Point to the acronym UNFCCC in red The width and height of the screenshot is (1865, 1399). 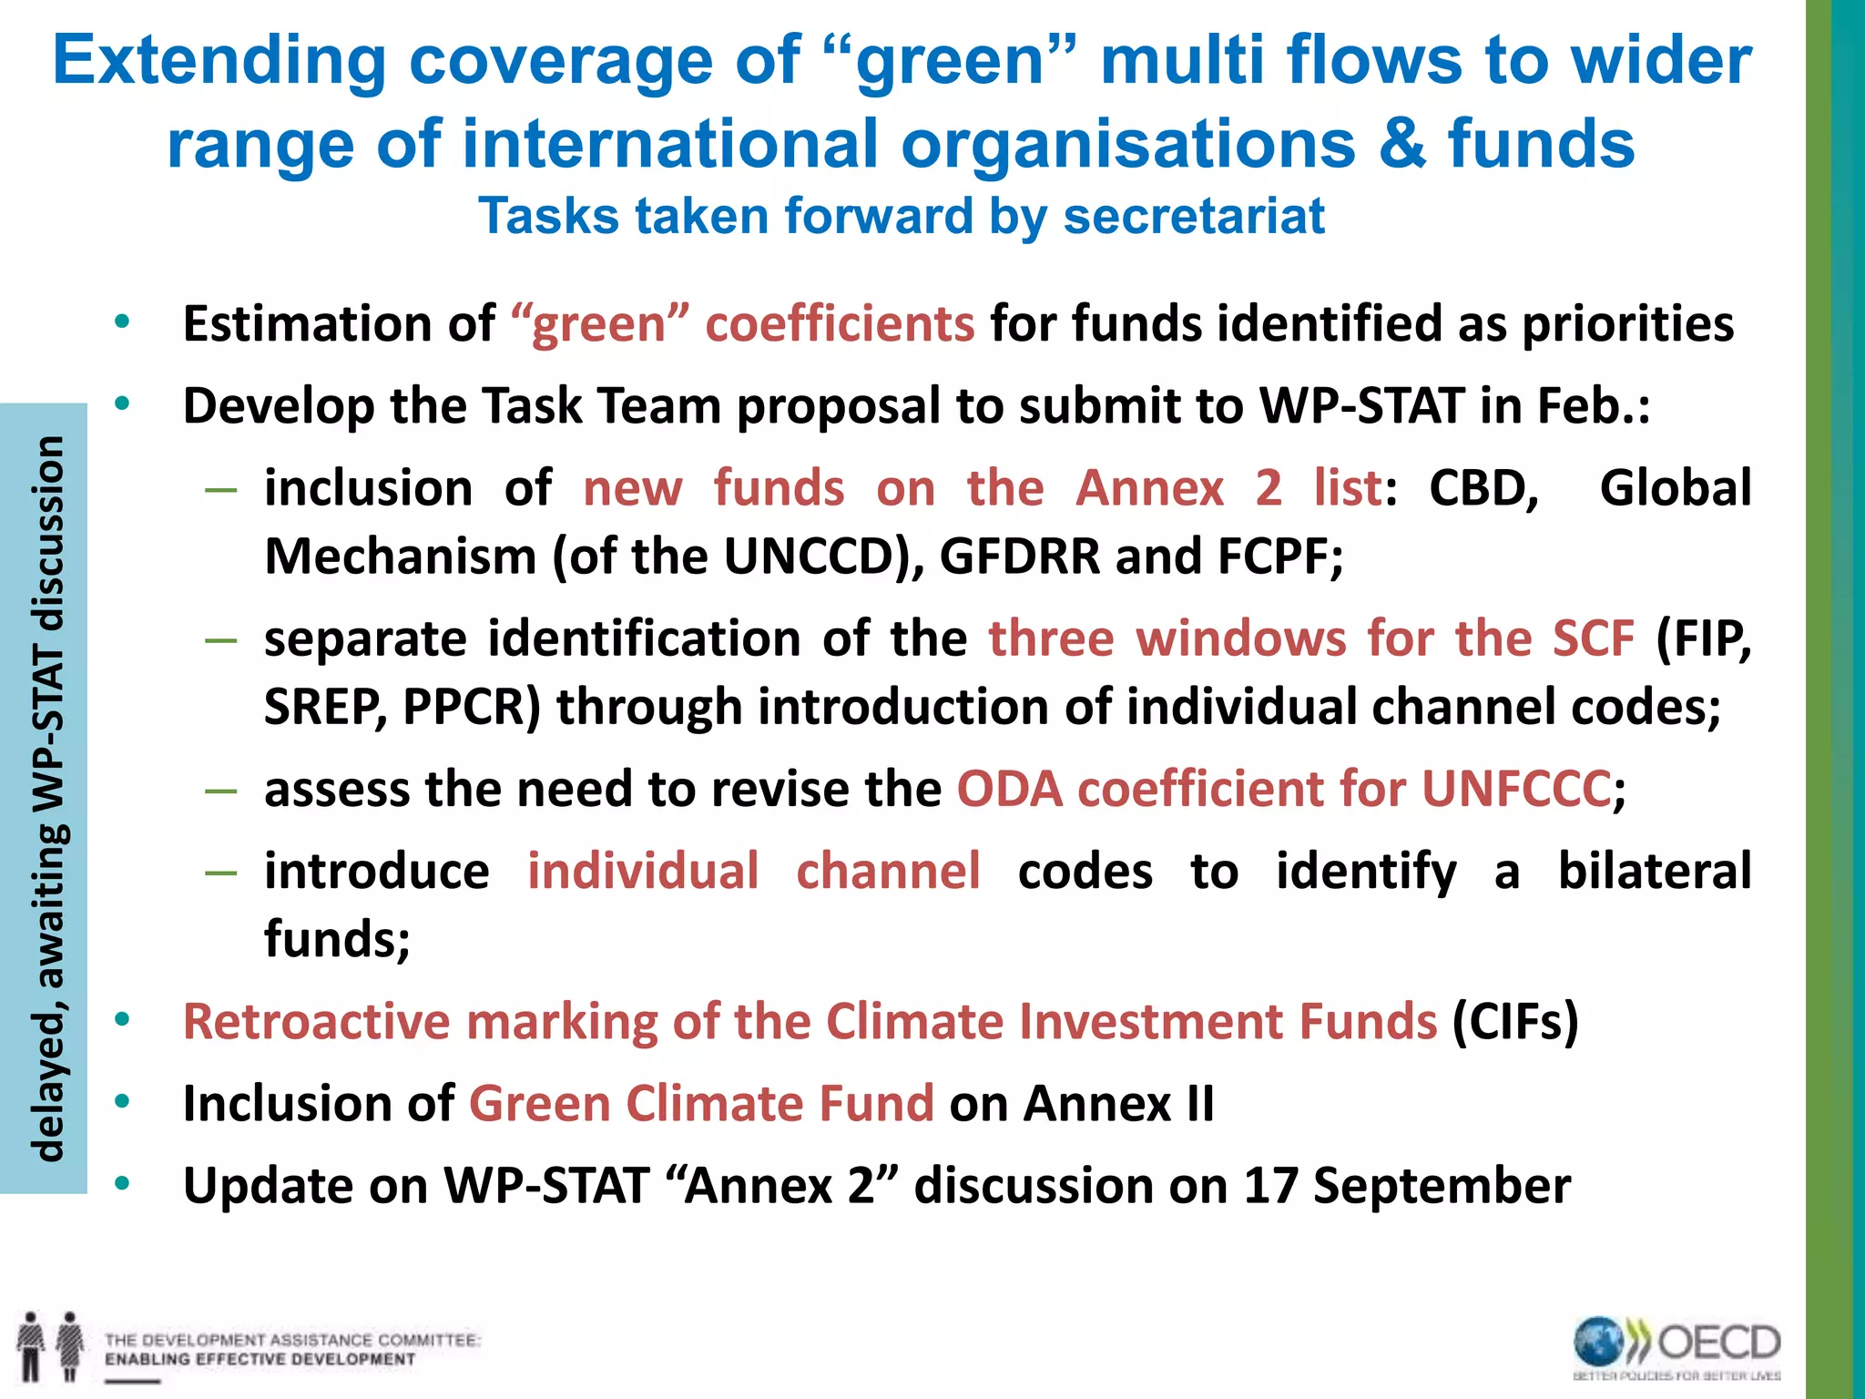point(1516,789)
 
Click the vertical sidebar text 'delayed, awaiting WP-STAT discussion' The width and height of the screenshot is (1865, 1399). point(46,798)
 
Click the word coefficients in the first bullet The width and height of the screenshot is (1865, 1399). point(839,324)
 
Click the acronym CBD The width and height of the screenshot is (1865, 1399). point(1483,488)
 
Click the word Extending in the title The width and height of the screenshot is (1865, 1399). point(219,60)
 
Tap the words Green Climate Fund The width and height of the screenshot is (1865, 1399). point(701,1104)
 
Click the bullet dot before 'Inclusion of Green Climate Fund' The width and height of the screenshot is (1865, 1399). point(123,1102)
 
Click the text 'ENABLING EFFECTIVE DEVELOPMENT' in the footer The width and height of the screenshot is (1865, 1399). point(260,1360)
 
